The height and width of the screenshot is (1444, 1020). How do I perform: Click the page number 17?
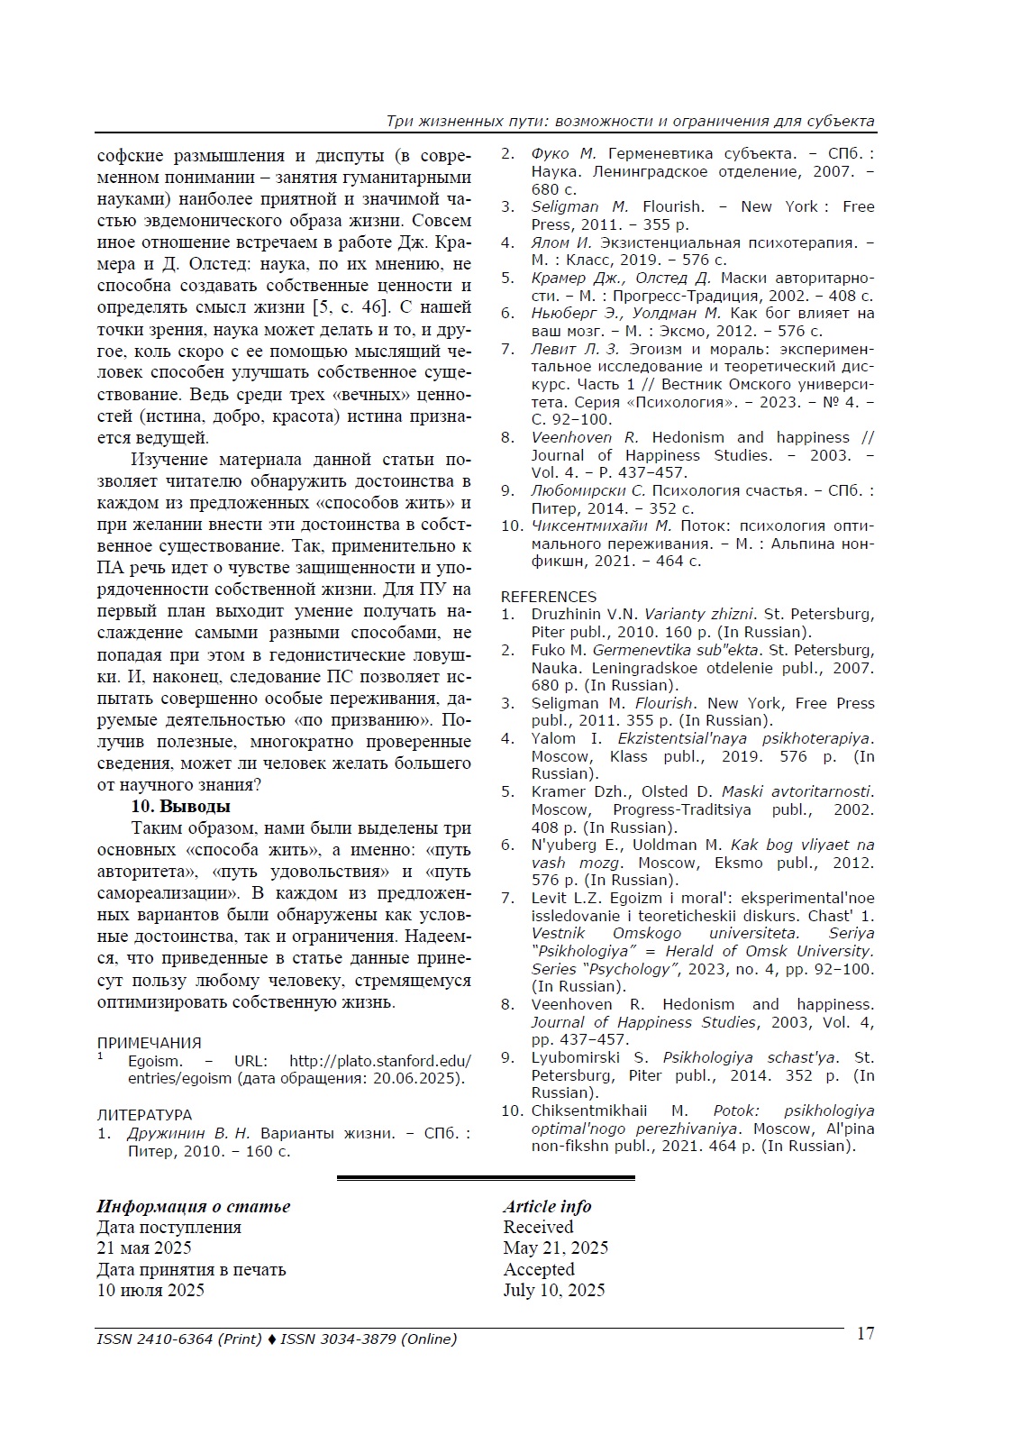pyautogui.click(x=864, y=1334)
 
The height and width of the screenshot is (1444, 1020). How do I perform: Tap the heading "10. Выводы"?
pyautogui.click(x=180, y=806)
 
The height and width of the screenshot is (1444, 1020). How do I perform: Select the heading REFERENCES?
pyautogui.click(x=548, y=597)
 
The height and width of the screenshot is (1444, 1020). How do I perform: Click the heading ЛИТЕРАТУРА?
pyautogui.click(x=144, y=1115)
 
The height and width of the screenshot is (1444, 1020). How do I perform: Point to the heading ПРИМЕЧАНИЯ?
pyautogui.click(x=149, y=1044)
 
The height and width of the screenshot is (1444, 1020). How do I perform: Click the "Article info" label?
pyautogui.click(x=547, y=1206)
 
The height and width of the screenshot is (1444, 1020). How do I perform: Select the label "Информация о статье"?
pyautogui.click(x=194, y=1206)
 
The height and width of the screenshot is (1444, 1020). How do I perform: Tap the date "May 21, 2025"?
pyautogui.click(x=555, y=1248)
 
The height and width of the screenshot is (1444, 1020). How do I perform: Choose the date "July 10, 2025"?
pyautogui.click(x=553, y=1290)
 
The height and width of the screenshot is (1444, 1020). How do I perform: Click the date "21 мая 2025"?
pyautogui.click(x=144, y=1248)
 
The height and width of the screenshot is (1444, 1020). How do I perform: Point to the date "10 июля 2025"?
pyautogui.click(x=150, y=1290)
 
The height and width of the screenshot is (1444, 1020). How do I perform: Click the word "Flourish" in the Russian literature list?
pyautogui.click(x=673, y=206)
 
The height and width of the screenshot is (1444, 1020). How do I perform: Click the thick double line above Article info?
pyautogui.click(x=486, y=1177)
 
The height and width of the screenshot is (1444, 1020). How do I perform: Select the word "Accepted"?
pyautogui.click(x=539, y=1269)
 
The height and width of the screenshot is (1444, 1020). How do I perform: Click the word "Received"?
pyautogui.click(x=538, y=1227)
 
